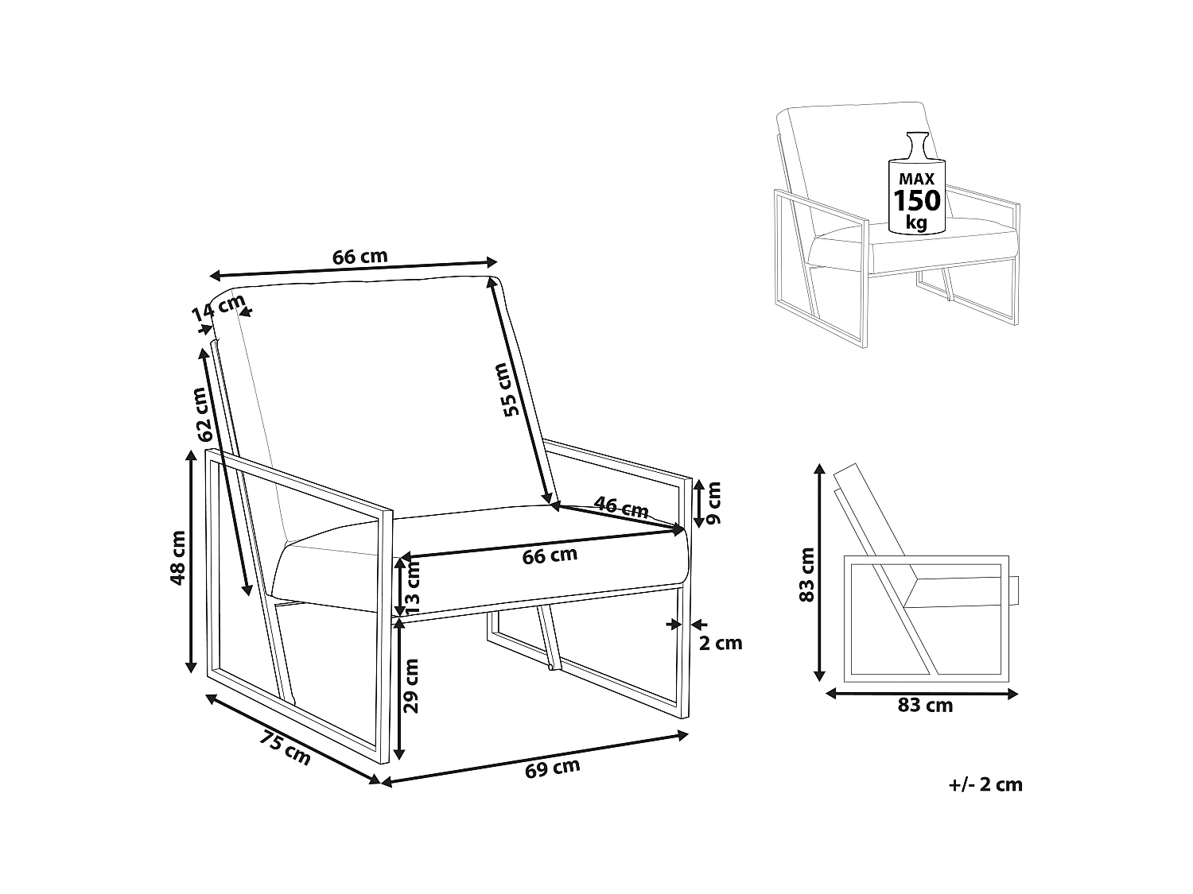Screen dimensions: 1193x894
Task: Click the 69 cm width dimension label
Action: point(552,768)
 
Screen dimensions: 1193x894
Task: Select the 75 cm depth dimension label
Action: point(285,749)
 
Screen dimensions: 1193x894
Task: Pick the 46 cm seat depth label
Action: point(620,507)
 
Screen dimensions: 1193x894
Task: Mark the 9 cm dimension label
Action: point(713,503)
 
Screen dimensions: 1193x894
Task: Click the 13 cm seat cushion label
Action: point(412,583)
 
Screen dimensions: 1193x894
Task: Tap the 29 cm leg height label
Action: point(411,686)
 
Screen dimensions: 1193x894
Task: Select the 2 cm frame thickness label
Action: point(720,643)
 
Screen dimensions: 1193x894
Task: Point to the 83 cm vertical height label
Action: point(806,575)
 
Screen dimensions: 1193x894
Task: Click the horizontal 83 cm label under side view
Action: point(925,706)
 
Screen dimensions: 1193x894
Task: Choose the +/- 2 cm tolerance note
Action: point(985,785)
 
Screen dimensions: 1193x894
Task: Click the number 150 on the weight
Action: point(917,201)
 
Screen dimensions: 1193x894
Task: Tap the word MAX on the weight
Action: point(916,179)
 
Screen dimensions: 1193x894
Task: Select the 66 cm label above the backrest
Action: point(359,256)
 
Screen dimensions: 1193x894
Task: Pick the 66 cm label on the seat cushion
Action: point(550,555)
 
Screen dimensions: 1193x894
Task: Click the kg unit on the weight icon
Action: point(917,223)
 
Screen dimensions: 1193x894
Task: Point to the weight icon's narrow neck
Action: point(917,145)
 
